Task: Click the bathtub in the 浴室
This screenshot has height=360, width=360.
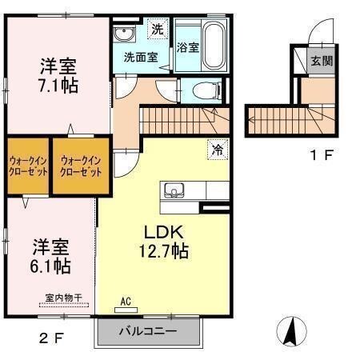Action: (213, 48)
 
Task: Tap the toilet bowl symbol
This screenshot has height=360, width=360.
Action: (206, 90)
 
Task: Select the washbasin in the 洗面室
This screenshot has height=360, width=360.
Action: (125, 34)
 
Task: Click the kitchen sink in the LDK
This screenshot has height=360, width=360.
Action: (174, 190)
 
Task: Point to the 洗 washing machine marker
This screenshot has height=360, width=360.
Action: (158, 29)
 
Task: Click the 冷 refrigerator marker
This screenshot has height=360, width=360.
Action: (218, 150)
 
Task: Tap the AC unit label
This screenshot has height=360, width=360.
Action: (126, 302)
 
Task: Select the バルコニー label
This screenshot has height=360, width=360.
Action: (148, 331)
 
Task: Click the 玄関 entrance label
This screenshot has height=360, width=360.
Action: (322, 61)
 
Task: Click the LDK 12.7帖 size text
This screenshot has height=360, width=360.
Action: (164, 242)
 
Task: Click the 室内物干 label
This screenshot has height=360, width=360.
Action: (63, 298)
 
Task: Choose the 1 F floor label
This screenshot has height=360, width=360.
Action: (322, 155)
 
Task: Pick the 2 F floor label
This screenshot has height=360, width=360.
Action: (51, 338)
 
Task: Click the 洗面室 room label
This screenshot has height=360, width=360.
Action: (141, 58)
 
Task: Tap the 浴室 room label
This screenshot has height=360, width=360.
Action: (188, 47)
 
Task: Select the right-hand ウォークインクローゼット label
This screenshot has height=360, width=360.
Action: (81, 166)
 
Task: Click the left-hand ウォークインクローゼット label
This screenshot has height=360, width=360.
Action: (28, 166)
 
